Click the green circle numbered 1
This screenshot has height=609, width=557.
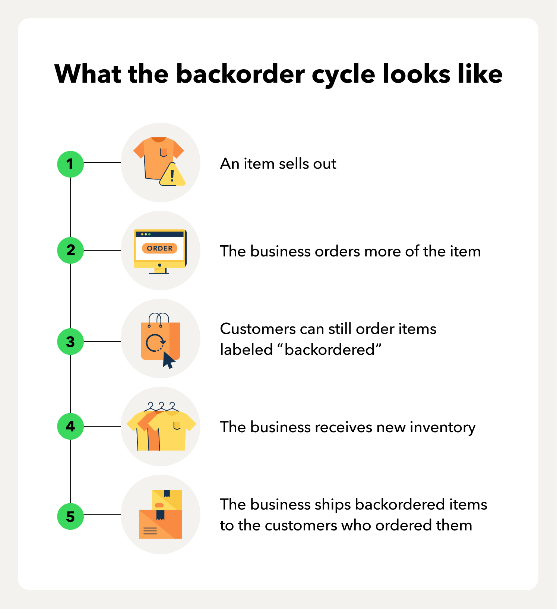[70, 164]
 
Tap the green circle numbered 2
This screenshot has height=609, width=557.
[70, 250]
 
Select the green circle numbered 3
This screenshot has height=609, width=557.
[70, 341]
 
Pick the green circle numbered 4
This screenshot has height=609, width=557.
[70, 426]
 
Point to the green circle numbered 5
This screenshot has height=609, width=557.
[70, 516]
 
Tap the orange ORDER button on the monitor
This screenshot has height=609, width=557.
[159, 248]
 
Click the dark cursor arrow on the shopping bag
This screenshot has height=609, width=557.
[168, 360]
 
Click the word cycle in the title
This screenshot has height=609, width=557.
[344, 74]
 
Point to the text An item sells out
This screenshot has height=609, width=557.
[278, 164]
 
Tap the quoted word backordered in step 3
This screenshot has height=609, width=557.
[329, 350]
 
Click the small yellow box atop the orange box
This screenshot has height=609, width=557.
[167, 499]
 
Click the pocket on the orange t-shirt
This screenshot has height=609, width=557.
[163, 153]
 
